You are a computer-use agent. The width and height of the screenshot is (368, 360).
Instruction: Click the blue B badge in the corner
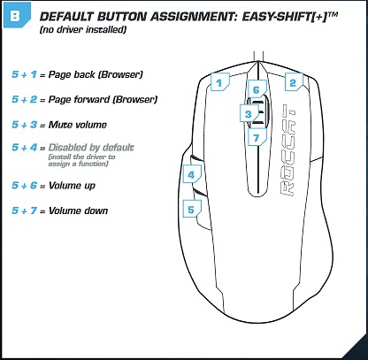(x=17, y=15)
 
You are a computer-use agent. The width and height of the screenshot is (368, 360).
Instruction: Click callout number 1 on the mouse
(x=220, y=81)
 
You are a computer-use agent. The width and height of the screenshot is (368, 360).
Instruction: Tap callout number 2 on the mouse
(x=294, y=81)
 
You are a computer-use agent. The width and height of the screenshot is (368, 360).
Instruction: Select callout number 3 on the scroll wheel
(x=249, y=113)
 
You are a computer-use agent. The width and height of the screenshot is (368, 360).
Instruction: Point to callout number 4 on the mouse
(x=192, y=173)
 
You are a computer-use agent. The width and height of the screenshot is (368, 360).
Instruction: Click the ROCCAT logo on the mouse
(x=287, y=150)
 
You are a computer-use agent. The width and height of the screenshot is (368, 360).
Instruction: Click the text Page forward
(x=79, y=99)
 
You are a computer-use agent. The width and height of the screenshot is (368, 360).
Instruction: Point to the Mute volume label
(x=77, y=125)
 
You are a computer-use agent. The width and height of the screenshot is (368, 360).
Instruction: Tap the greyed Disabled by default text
(x=91, y=148)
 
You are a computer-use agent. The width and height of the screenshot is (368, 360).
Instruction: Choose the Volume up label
(x=72, y=186)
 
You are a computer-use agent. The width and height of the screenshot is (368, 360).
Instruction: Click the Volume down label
(x=78, y=211)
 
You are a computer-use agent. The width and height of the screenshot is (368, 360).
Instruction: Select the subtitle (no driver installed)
(x=83, y=30)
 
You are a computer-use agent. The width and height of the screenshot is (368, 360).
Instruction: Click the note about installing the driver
(x=81, y=160)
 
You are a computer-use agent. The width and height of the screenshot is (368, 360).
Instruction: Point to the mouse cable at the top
(x=258, y=57)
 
